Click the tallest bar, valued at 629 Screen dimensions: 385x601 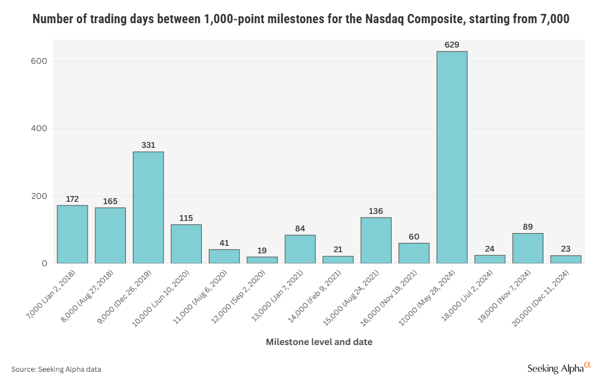coord(452,157)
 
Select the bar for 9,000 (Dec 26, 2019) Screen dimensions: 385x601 coord(148,207)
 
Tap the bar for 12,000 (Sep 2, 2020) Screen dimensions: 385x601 coord(262,260)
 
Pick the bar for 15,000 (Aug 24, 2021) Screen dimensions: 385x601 coord(376,240)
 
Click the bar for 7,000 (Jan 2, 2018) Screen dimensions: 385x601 coord(73,234)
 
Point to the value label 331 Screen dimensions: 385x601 coord(148,145)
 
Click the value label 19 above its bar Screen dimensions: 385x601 coord(262,250)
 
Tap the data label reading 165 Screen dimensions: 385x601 coord(110,201)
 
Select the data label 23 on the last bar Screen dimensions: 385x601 coord(566,249)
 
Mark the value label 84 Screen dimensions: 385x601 coord(300,228)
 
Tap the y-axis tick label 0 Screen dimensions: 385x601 coord(44,263)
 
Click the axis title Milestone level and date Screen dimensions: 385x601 coord(319,342)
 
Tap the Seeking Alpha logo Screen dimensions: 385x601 coord(558,368)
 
